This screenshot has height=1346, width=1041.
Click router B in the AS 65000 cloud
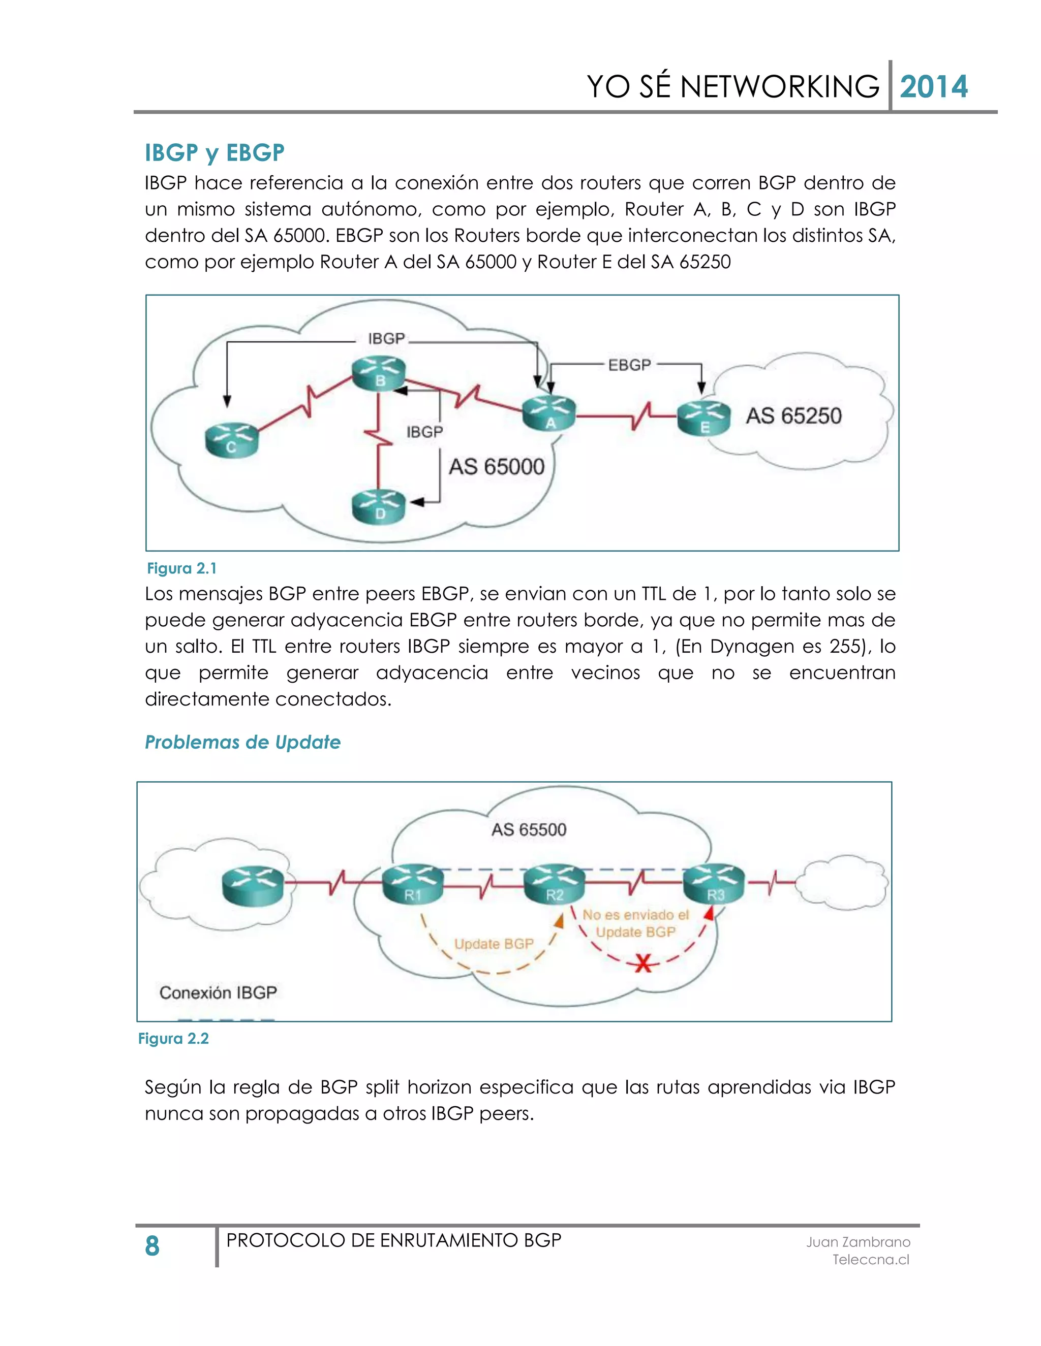pos(379,373)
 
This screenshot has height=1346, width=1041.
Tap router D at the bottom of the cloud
pos(379,507)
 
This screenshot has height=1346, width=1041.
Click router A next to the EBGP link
pos(549,413)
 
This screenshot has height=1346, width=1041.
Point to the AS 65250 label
pos(793,416)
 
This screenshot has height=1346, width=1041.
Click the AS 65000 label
pos(497,467)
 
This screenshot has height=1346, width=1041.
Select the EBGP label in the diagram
pos(630,365)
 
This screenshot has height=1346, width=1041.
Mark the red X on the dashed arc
pos(643,963)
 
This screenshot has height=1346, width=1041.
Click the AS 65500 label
pos(529,829)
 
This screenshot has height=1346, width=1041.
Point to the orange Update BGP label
pos(494,944)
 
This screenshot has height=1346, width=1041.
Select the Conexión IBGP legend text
pos(218,992)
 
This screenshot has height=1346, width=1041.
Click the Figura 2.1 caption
pos(181,568)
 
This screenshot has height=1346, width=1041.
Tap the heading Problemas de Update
pos(242,742)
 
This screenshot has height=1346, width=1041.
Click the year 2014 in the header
pos(934,87)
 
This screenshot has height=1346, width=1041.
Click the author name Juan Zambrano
pos(858,1242)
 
